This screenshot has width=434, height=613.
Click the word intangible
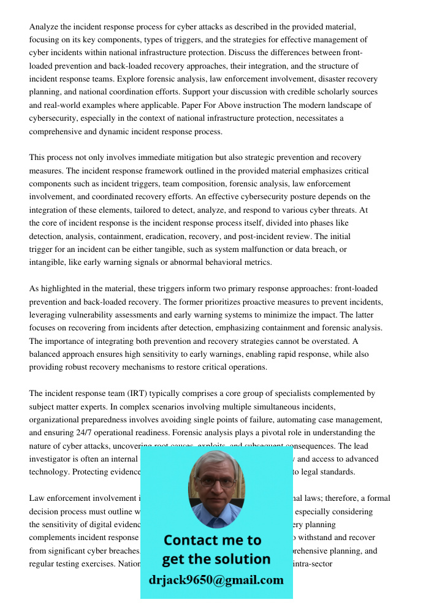point(48,262)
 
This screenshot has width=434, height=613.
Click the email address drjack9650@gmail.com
point(216,579)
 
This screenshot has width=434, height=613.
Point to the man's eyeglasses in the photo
point(216,482)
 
